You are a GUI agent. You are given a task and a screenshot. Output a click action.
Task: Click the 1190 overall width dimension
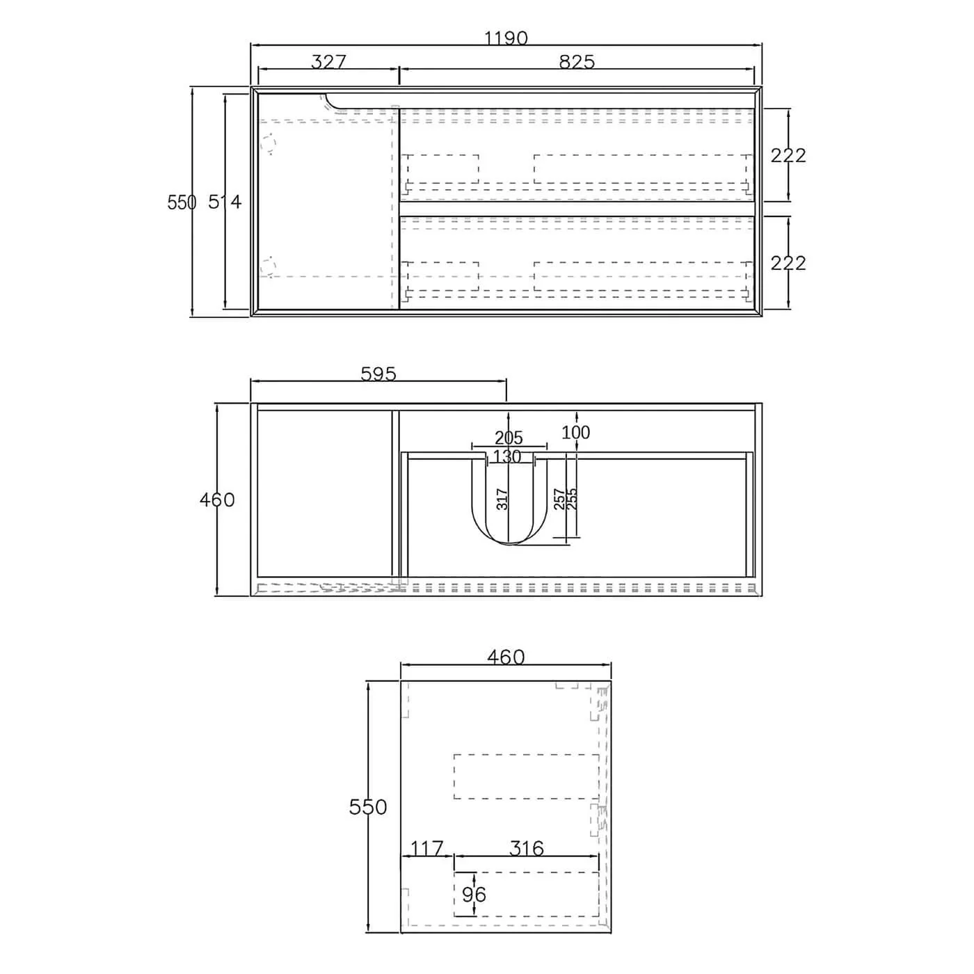pos(506,38)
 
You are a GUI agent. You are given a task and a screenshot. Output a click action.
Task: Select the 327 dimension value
pos(328,62)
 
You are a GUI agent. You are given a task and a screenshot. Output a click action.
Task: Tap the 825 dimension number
pos(577,62)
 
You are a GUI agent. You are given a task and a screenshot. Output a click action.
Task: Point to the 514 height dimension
pos(225,202)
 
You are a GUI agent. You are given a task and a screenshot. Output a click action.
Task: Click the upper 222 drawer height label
pos(788,155)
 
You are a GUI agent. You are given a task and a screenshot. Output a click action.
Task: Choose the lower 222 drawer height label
pos(788,263)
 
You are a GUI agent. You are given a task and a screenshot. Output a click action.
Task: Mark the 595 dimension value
pos(378,374)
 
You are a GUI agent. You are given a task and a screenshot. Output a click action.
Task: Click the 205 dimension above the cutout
pos(509,438)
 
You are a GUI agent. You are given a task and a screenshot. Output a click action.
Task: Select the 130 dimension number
pos(506,457)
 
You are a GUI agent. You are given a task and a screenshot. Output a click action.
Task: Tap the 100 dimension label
pos(575,433)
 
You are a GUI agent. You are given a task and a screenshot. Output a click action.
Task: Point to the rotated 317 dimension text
pos(502,499)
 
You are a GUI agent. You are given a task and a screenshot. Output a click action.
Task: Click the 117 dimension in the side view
pos(426,849)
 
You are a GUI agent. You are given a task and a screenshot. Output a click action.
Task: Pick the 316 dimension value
pos(526,849)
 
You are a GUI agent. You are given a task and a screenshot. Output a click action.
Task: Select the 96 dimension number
pos(474,894)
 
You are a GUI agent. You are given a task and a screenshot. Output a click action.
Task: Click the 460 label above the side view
pos(506,657)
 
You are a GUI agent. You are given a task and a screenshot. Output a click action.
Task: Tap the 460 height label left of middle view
pos(217,500)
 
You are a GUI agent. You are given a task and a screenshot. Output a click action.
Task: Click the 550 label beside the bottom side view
pos(367,807)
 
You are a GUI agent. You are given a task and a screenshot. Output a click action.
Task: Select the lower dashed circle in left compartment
pos(267,266)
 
